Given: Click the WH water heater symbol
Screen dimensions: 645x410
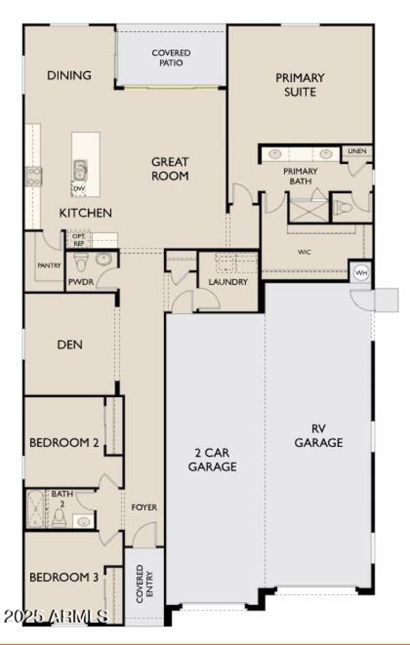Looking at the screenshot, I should coord(362,273).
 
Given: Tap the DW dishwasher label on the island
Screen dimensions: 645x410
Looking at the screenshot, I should coord(79,189).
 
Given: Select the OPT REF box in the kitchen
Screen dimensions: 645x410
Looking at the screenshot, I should coord(78,239).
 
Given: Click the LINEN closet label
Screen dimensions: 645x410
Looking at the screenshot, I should coord(357,151).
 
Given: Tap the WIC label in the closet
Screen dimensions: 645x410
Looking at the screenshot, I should coord(304,252).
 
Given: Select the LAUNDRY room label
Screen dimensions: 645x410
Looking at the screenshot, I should coord(228,282).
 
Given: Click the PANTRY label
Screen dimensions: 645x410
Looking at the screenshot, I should coord(50,265).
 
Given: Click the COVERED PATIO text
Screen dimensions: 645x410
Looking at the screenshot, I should coord(171,58).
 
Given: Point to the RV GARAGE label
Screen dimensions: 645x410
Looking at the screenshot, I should coord(318,435).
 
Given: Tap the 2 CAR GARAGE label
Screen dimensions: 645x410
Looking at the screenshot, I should coord(212,460).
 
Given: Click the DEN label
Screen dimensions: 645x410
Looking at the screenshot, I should coord(70,344).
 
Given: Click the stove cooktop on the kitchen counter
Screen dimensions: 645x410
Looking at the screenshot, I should coord(34,176).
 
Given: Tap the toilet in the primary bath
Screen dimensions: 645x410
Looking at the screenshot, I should coord(344,207).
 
